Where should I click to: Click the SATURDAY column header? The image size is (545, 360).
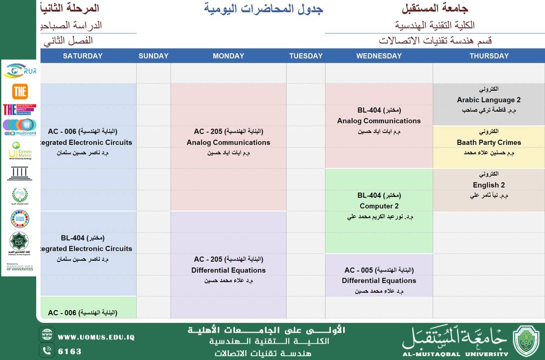tap(83, 56)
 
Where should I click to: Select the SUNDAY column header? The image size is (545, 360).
tap(153, 56)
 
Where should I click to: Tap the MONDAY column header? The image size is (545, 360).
tap(228, 56)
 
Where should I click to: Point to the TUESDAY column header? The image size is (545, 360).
tap(306, 56)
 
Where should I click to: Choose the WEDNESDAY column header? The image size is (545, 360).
tap(379, 56)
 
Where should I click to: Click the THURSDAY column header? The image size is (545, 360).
tap(489, 56)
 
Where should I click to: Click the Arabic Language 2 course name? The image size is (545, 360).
tap(489, 100)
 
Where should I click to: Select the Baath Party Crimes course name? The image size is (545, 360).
tap(489, 142)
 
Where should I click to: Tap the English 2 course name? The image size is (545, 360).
tap(489, 185)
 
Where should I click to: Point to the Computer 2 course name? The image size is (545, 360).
tap(379, 206)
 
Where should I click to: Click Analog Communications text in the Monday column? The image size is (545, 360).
tap(228, 142)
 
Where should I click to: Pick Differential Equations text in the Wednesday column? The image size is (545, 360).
tap(379, 280)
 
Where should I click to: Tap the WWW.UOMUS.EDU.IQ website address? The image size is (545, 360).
tap(96, 337)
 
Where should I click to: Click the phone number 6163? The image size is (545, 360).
tap(70, 351)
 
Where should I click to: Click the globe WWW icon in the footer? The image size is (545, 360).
tap(47, 334)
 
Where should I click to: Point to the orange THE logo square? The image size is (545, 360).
tap(20, 92)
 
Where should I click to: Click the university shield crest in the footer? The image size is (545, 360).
tap(526, 341)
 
